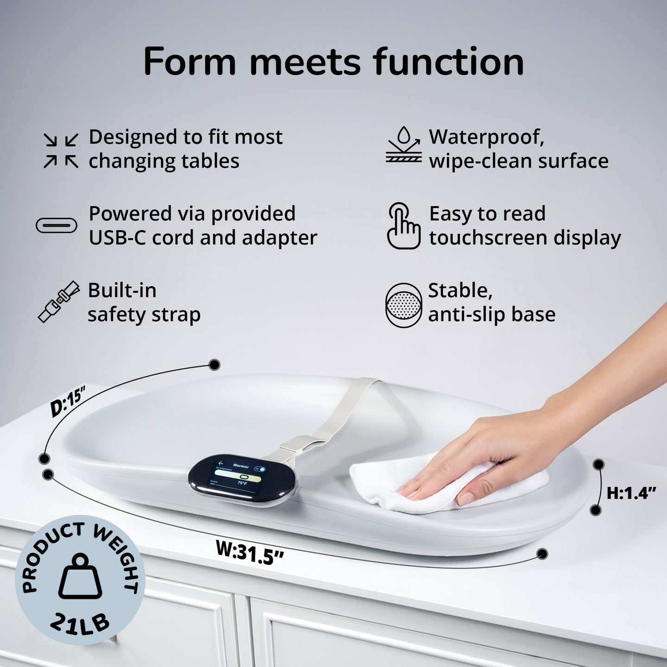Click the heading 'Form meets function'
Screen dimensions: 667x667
pyautogui.click(x=333, y=62)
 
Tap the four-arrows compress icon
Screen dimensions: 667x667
pyautogui.click(x=61, y=150)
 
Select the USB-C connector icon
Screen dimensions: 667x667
pyautogui.click(x=57, y=226)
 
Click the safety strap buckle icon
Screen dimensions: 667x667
pyautogui.click(x=58, y=302)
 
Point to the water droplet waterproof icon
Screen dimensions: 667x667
pyautogui.click(x=404, y=144)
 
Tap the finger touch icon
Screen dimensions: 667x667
pyautogui.click(x=403, y=226)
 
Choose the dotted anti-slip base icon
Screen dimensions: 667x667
pyautogui.click(x=403, y=305)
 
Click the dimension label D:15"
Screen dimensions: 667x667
pyautogui.click(x=69, y=402)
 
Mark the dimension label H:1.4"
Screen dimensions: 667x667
pyautogui.click(x=631, y=493)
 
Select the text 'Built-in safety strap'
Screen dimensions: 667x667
pyautogui.click(x=144, y=302)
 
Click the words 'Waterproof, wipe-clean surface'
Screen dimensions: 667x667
pyautogui.click(x=518, y=149)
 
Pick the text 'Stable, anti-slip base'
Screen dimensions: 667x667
pyautogui.click(x=491, y=302)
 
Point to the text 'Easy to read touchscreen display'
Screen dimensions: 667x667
pyautogui.click(x=524, y=226)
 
